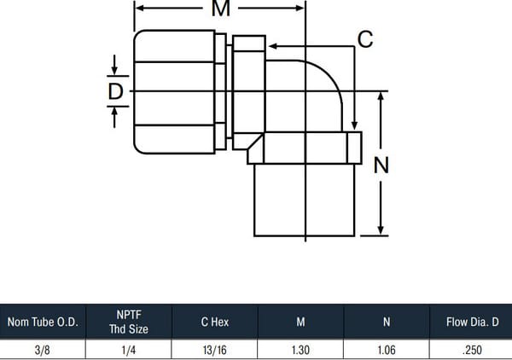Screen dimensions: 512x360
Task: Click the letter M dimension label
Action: coord(221,9)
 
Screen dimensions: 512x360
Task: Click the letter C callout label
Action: coord(365,39)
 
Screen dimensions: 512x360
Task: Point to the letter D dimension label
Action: coord(115,91)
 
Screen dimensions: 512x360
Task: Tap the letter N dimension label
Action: coord(381,165)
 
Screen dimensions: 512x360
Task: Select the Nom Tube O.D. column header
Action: coord(43,322)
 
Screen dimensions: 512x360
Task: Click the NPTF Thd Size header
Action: coord(129,322)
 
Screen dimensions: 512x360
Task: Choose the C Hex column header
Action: coord(215,322)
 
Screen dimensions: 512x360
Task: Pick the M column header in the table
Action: coord(300,322)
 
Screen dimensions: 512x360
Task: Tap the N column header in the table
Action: coord(387,322)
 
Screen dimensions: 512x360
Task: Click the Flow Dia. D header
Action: coord(473,322)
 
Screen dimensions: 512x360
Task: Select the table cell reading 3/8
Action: coord(43,351)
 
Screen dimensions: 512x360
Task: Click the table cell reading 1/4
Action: coord(129,351)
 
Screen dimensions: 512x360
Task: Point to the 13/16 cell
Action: coord(214,351)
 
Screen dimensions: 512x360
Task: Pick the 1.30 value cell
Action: coord(300,351)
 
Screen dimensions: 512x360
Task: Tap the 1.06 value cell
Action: coord(387,351)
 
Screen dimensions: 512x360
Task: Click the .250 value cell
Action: coord(473,351)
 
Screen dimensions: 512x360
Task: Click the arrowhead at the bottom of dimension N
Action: coord(381,230)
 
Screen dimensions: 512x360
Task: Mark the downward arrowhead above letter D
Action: coord(114,71)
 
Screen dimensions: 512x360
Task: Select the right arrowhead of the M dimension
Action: coord(300,9)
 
